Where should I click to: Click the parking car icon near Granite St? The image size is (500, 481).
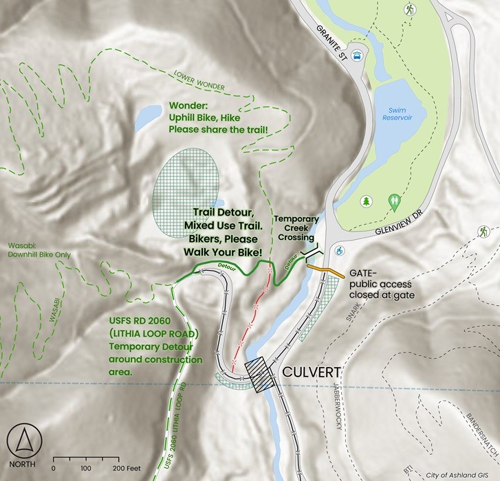[358, 56]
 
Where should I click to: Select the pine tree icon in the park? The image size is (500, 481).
[367, 201]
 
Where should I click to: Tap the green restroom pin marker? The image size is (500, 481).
[394, 202]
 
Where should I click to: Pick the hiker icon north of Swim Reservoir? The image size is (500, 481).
[411, 10]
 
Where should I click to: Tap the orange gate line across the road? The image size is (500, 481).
[325, 270]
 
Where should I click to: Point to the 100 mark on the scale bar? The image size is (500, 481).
[86, 468]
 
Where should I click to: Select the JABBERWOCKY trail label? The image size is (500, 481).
[337, 405]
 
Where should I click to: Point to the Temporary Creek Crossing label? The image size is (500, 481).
[296, 227]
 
